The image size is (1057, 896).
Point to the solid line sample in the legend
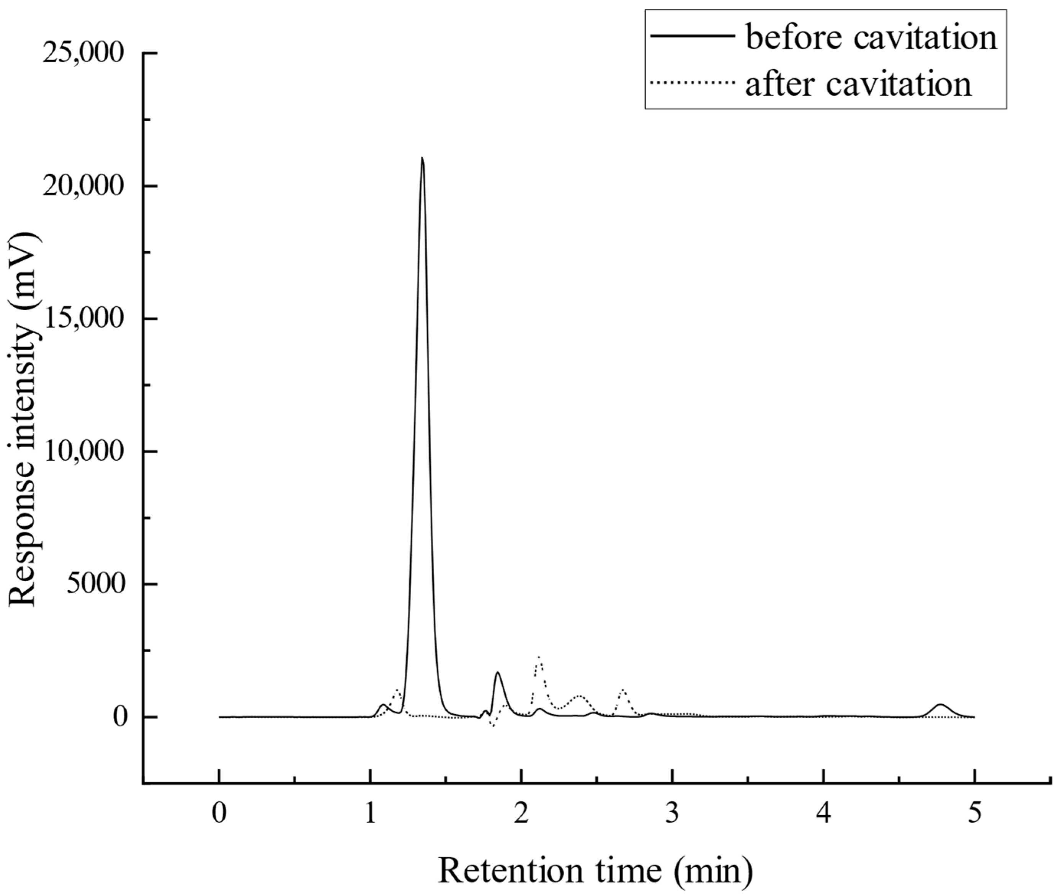click(693, 36)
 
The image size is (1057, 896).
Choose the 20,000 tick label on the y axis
click(83, 186)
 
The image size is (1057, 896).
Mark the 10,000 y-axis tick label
click(83, 451)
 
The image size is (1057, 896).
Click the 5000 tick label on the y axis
click(96, 584)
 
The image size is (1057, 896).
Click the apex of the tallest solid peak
click(422, 158)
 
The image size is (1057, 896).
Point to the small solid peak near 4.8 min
click(941, 704)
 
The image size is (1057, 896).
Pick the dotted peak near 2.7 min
click(623, 690)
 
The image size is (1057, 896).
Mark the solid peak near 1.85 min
click(498, 673)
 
